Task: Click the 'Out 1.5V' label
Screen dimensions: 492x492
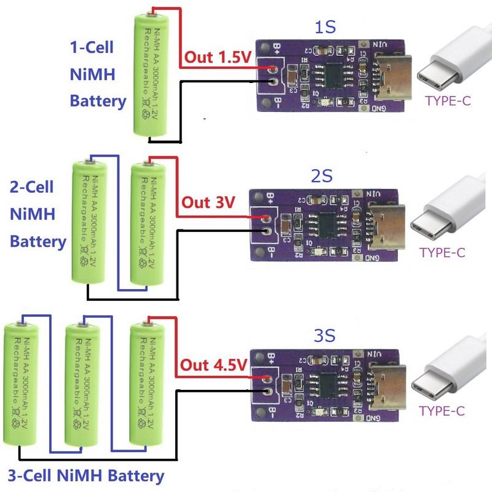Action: (217, 58)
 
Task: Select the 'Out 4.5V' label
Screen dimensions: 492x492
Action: (213, 364)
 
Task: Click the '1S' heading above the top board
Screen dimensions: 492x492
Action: (325, 28)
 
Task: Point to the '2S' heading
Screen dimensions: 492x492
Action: (322, 177)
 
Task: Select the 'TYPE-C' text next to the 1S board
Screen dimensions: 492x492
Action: (448, 101)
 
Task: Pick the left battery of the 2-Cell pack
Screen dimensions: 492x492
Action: (90, 221)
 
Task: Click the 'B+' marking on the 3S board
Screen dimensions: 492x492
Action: (271, 357)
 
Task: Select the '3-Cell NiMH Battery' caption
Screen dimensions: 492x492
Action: (86, 475)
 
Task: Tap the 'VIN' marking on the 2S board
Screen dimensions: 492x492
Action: (375, 194)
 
